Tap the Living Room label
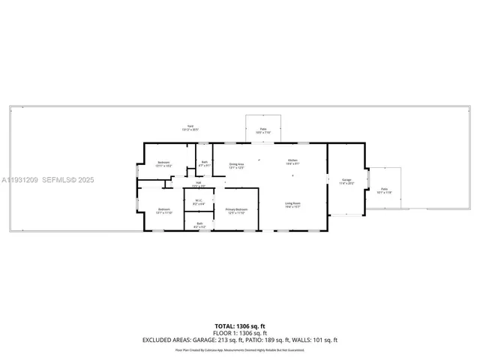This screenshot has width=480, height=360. pyautogui.click(x=292, y=204)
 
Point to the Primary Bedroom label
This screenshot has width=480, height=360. pyautogui.click(x=237, y=211)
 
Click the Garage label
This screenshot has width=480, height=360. pyautogui.click(x=346, y=181)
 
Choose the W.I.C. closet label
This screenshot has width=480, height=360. pyautogui.click(x=199, y=201)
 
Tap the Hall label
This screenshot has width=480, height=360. pyautogui.click(x=199, y=184)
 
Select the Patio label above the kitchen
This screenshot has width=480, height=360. pyautogui.click(x=263, y=130)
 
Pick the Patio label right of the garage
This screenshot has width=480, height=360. pyautogui.click(x=384, y=190)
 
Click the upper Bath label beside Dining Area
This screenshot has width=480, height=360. pyautogui.click(x=205, y=163)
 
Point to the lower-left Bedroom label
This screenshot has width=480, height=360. pyautogui.click(x=163, y=211)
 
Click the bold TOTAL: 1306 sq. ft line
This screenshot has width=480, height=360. pyautogui.click(x=239, y=326)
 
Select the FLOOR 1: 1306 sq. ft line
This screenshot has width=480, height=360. pyautogui.click(x=239, y=333)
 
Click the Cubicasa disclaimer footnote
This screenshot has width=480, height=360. pyautogui.click(x=239, y=349)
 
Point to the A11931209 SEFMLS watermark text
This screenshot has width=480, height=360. pyautogui.click(x=47, y=180)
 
